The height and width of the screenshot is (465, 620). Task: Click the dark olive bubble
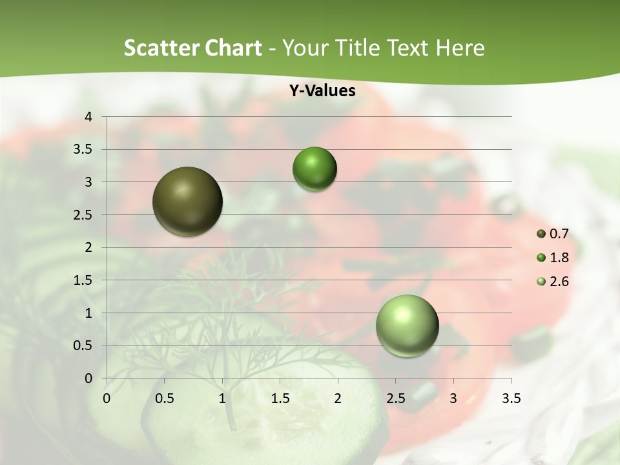click(188, 201)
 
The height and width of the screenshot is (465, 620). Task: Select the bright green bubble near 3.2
click(315, 169)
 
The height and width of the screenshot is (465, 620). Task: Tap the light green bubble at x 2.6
click(407, 325)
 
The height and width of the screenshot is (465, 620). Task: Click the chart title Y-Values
click(322, 91)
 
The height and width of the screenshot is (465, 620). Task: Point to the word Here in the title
click(460, 48)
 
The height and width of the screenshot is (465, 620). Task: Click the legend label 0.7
click(559, 234)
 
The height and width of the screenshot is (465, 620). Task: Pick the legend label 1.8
click(559, 258)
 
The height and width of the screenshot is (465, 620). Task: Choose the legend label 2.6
click(559, 282)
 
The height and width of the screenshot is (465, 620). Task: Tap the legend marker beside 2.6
click(541, 282)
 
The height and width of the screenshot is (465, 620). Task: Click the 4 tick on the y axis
click(88, 117)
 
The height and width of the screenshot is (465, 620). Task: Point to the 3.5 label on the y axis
click(84, 150)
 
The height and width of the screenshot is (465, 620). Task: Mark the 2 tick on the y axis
click(88, 247)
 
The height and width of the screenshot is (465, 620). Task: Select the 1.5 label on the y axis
click(84, 280)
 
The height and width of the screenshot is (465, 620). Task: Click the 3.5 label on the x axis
click(511, 398)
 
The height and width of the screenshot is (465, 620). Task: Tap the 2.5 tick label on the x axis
click(395, 398)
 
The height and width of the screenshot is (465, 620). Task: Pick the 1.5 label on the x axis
click(280, 398)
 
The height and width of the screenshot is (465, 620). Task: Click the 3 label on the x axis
click(453, 398)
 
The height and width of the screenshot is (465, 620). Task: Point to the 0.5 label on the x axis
click(164, 398)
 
